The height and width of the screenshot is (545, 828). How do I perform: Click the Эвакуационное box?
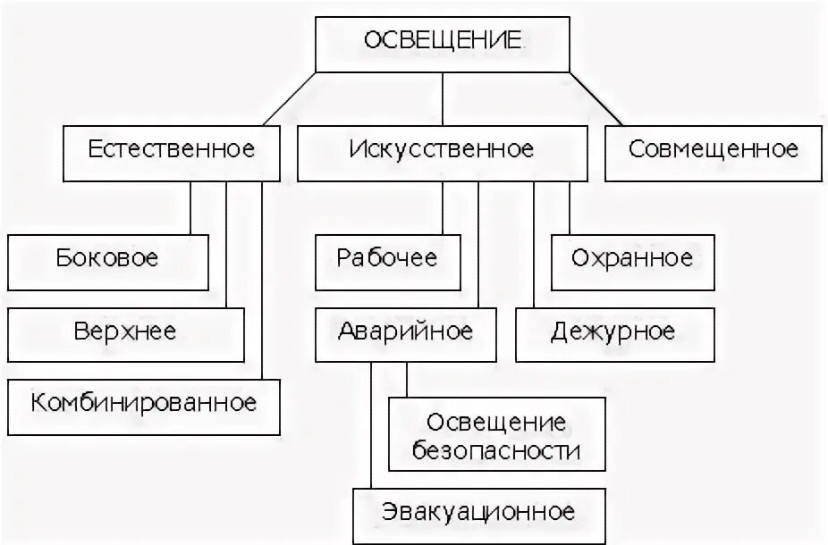(x=478, y=515)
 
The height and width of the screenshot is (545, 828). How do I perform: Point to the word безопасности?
(x=496, y=452)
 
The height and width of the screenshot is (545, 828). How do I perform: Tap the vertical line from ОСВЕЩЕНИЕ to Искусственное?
(x=442, y=97)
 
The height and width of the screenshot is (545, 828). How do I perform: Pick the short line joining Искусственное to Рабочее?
(x=442, y=207)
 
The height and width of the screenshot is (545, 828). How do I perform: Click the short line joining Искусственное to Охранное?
(x=569, y=207)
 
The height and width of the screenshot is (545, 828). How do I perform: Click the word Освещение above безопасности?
(x=496, y=422)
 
